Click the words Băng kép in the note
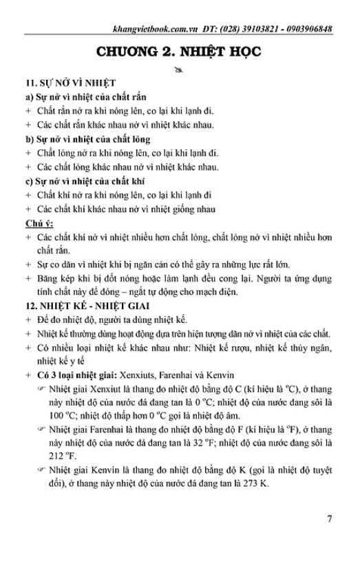click(47, 279)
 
